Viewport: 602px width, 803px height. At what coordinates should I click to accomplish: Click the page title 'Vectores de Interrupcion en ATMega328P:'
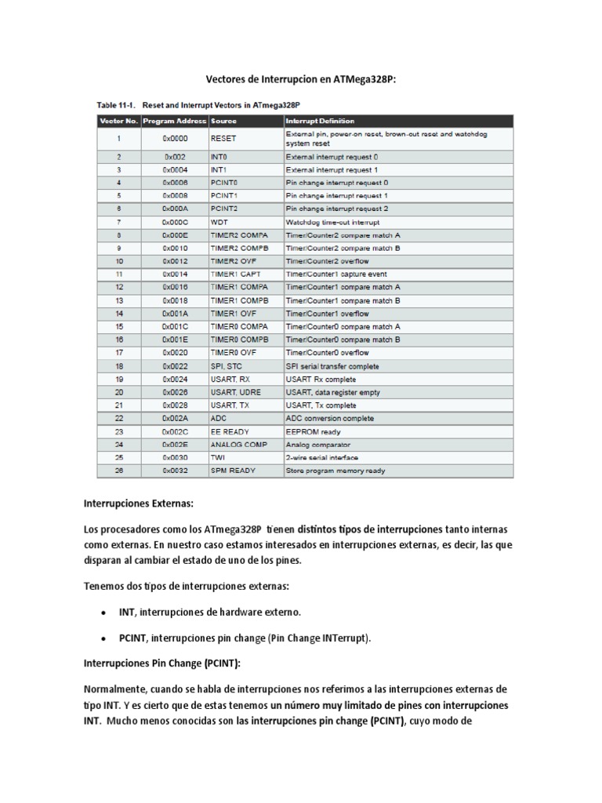[x=301, y=79]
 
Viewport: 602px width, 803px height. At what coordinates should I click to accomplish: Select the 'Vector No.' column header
[x=118, y=122]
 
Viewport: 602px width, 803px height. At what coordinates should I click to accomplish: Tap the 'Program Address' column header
[x=175, y=122]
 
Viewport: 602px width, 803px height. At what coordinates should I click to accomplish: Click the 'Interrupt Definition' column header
[x=320, y=122]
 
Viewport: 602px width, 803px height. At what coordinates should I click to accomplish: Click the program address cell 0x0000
[x=175, y=139]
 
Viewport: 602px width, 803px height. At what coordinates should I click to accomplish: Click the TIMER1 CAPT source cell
[x=236, y=274]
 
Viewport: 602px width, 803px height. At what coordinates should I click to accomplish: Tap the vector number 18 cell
[x=119, y=366]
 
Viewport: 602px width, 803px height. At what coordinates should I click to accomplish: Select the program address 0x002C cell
[x=175, y=432]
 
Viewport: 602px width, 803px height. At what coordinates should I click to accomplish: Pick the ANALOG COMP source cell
[x=239, y=445]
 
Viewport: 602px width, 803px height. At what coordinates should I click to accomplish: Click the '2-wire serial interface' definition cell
[x=322, y=458]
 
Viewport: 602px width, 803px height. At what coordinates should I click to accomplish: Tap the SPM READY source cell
[x=233, y=471]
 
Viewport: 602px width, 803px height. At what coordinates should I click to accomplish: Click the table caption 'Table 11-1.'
[x=118, y=104]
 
